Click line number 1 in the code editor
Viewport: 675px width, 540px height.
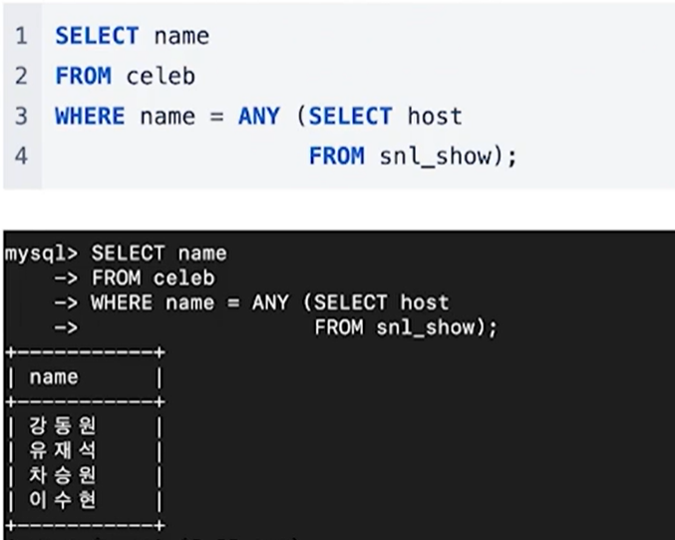21,37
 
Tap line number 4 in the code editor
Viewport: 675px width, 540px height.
21,157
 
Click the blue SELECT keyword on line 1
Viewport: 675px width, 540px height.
98,37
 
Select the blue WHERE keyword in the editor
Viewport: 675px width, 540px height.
90,117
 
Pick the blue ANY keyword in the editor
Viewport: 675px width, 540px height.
259,117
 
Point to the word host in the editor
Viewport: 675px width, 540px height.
435,117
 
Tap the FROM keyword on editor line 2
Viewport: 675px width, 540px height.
84,77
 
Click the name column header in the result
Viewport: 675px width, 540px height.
54,377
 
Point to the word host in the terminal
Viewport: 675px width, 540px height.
425,301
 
